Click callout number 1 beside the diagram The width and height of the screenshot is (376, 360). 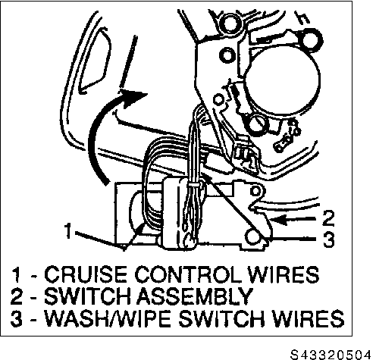tap(68, 230)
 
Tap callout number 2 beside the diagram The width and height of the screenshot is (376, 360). tap(328, 218)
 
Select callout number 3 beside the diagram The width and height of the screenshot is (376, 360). tap(329, 239)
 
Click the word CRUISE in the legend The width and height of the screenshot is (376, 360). tap(85, 274)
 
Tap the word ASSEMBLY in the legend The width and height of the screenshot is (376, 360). tap(195, 296)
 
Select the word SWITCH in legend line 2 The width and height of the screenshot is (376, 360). tap(87, 296)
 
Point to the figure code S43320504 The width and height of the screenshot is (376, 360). tap(331, 354)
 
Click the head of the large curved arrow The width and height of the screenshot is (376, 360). tap(133, 98)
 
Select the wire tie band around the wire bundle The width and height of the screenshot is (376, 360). tap(193, 186)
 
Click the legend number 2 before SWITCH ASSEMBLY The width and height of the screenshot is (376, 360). tap(17, 296)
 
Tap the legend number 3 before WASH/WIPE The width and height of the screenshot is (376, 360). tap(17, 318)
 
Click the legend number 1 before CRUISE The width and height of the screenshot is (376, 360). tap(17, 274)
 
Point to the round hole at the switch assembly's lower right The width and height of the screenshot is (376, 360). tap(251, 236)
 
